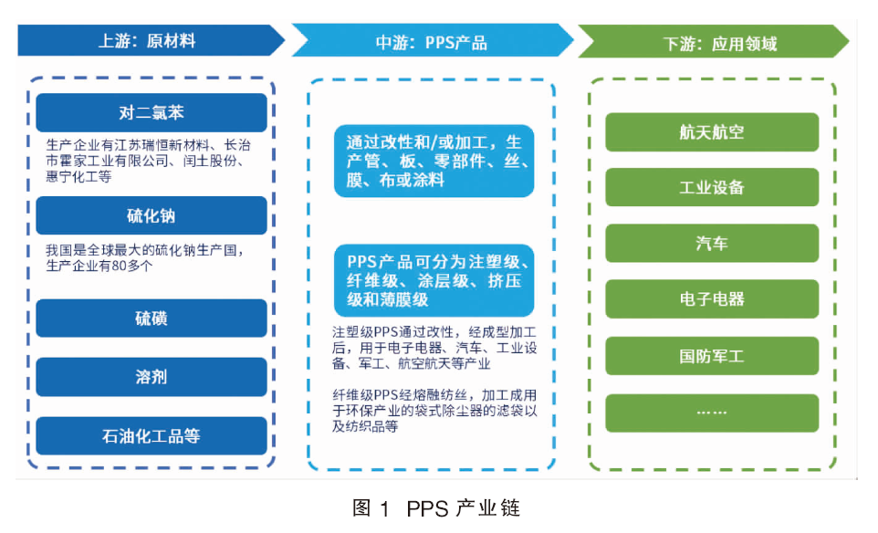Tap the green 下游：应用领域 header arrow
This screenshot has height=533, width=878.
[x=714, y=41]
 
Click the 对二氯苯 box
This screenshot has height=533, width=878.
[x=152, y=112]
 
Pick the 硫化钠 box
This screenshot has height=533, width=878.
[x=152, y=215]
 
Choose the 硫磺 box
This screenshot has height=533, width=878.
[x=152, y=318]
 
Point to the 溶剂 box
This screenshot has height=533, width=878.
[x=152, y=377]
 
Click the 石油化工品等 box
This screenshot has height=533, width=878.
[x=152, y=435]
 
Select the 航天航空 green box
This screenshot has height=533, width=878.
[x=712, y=132]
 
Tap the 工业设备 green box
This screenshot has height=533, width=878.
[x=712, y=187]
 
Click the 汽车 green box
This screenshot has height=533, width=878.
[x=712, y=243]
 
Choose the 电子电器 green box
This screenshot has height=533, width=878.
[x=712, y=299]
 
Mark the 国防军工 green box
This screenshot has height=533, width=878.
[x=712, y=356]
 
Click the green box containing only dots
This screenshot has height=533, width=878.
[x=712, y=413]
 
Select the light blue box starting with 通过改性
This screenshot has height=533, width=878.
[x=434, y=161]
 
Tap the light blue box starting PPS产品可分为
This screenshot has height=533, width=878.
[x=434, y=280]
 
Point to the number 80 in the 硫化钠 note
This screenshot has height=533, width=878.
[x=119, y=266]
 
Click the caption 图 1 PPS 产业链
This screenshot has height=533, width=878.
[x=436, y=508]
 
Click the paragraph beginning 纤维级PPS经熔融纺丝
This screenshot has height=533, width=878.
[x=434, y=411]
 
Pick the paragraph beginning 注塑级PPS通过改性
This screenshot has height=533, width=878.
[x=434, y=349]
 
